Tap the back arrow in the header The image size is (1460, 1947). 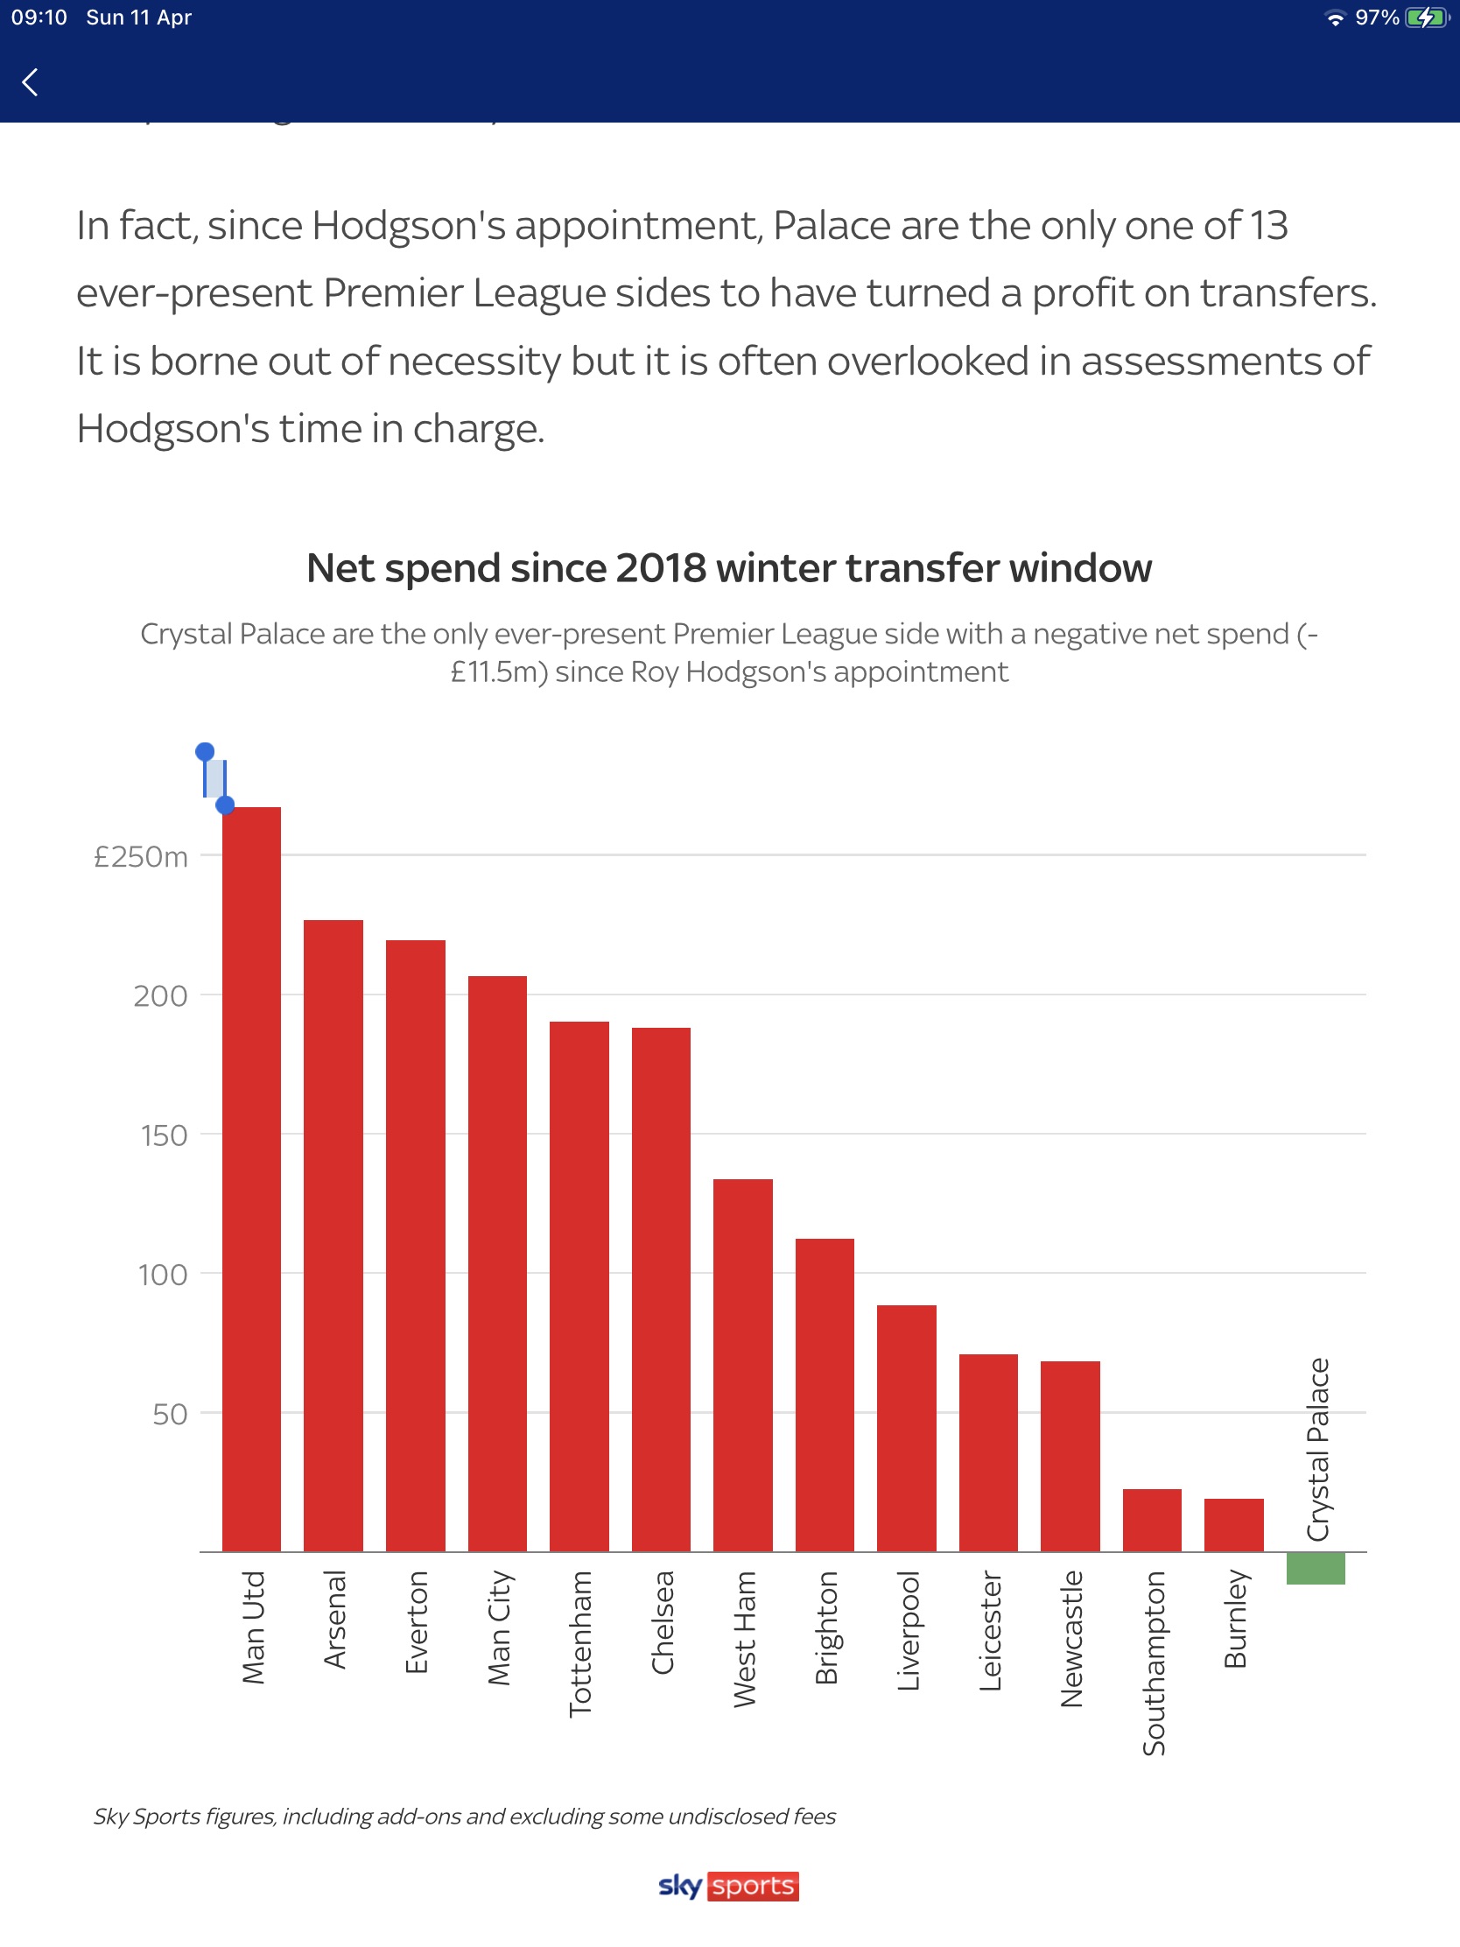click(31, 82)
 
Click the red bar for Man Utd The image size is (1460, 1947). click(252, 1179)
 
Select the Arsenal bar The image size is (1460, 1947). click(333, 1236)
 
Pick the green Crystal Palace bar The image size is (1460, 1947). click(1315, 1568)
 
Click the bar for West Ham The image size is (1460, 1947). click(743, 1365)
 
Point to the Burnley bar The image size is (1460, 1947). click(1233, 1524)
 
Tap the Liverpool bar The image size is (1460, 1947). click(907, 1428)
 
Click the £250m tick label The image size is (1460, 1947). click(141, 856)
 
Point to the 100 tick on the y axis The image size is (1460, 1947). click(163, 1275)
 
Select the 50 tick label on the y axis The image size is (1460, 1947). click(170, 1415)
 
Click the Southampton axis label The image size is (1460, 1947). click(1153, 1662)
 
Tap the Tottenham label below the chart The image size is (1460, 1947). click(580, 1643)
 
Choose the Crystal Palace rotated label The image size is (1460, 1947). click(1316, 1450)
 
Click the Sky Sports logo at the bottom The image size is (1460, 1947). click(728, 1886)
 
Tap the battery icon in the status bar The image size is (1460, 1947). click(1427, 18)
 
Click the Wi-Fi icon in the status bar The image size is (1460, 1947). click(1335, 18)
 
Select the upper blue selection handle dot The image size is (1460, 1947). click(204, 751)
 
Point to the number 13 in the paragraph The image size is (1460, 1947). click(1268, 225)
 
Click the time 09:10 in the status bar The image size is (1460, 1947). click(39, 18)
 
